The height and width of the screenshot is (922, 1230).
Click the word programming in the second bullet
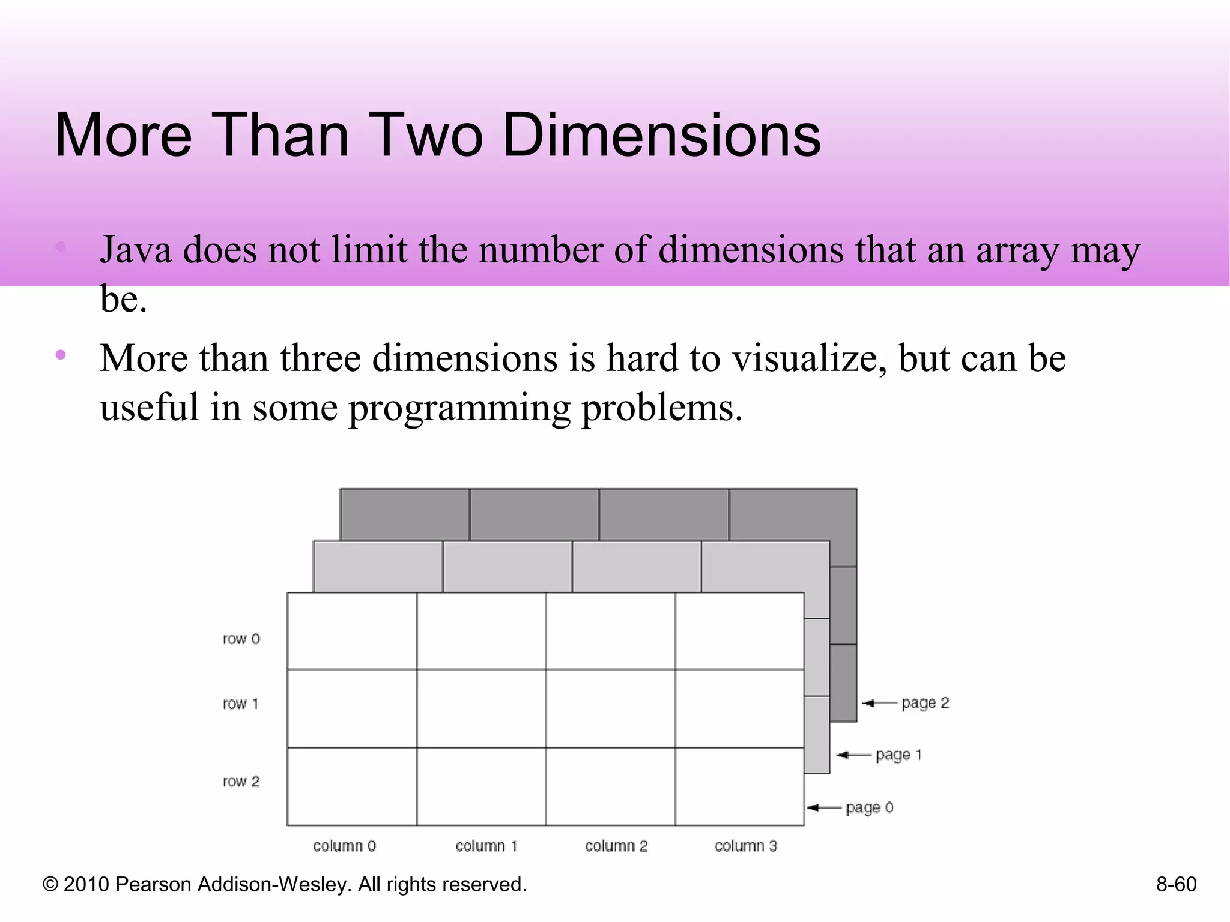pos(459,409)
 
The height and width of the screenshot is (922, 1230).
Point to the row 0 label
pos(241,639)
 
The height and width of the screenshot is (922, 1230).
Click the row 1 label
pos(241,704)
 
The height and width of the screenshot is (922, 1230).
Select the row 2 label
pos(241,782)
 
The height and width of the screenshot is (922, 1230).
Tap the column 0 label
pos(344,846)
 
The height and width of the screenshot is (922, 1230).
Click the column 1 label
pos(486,846)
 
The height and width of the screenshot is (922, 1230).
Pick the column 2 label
pos(616,846)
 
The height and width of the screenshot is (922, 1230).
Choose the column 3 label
pos(745,846)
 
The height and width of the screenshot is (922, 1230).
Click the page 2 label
pos(925,703)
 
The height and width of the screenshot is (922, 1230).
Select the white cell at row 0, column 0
pos(352,631)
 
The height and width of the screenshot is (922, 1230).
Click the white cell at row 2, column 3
pos(739,786)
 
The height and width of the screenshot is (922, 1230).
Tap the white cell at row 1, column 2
pos(610,708)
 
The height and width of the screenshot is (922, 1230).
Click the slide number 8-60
pos(1176,885)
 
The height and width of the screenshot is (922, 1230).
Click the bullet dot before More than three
pos(60,355)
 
